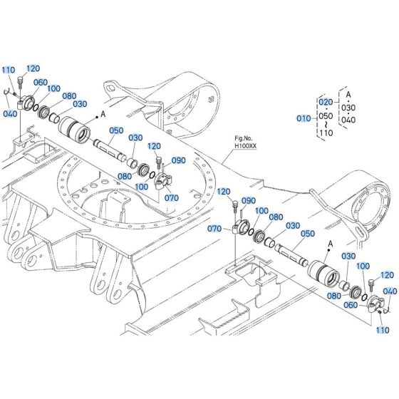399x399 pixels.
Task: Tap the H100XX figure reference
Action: [245, 145]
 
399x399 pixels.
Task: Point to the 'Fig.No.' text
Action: [245, 138]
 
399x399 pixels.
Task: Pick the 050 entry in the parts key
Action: [326, 115]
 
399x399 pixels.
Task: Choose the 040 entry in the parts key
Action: [348, 120]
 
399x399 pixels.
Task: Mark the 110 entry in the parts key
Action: [326, 132]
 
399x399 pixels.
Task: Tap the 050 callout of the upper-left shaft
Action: [116, 130]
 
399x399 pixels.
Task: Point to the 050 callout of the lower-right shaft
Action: [308, 234]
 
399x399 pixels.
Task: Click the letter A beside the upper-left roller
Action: [103, 113]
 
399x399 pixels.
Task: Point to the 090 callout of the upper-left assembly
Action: [178, 160]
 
